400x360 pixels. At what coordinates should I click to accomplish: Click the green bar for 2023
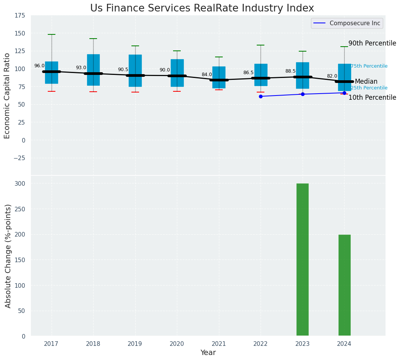tap(302, 259)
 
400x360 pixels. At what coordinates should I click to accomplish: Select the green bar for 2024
tap(344, 285)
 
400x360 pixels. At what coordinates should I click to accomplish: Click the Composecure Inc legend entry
tap(347, 23)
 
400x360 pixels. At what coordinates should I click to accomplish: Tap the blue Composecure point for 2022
tap(261, 96)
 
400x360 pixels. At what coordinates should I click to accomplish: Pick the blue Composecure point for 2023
tap(303, 94)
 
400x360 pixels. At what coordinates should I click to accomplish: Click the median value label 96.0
tap(39, 66)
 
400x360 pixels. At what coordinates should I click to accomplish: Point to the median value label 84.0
tap(207, 75)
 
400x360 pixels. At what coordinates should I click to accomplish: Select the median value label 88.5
tap(290, 71)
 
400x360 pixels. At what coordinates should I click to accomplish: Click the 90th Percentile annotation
tap(372, 43)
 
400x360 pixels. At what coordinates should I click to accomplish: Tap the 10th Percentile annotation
tap(372, 97)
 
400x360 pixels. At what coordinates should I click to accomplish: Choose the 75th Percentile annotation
tap(369, 66)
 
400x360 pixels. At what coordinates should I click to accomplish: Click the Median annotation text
tap(366, 81)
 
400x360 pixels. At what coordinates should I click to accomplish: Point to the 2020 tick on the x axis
tap(177, 344)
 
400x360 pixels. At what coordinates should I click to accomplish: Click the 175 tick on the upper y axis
tap(20, 15)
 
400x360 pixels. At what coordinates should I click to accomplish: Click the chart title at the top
tap(202, 8)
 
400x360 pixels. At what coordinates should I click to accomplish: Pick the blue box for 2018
tap(93, 70)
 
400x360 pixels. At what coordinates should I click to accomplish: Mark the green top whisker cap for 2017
tap(52, 34)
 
